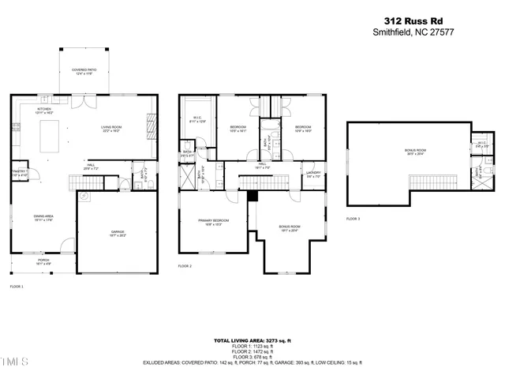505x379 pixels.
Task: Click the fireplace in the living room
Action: coord(148,123)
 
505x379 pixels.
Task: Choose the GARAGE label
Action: coord(117,232)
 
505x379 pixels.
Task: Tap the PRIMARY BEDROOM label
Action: coord(213,221)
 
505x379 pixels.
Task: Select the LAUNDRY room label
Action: coord(313,174)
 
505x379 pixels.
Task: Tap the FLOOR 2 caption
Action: coord(185,266)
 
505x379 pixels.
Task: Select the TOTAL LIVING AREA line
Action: coord(252,340)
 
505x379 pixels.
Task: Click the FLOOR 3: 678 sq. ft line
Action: coord(252,357)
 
